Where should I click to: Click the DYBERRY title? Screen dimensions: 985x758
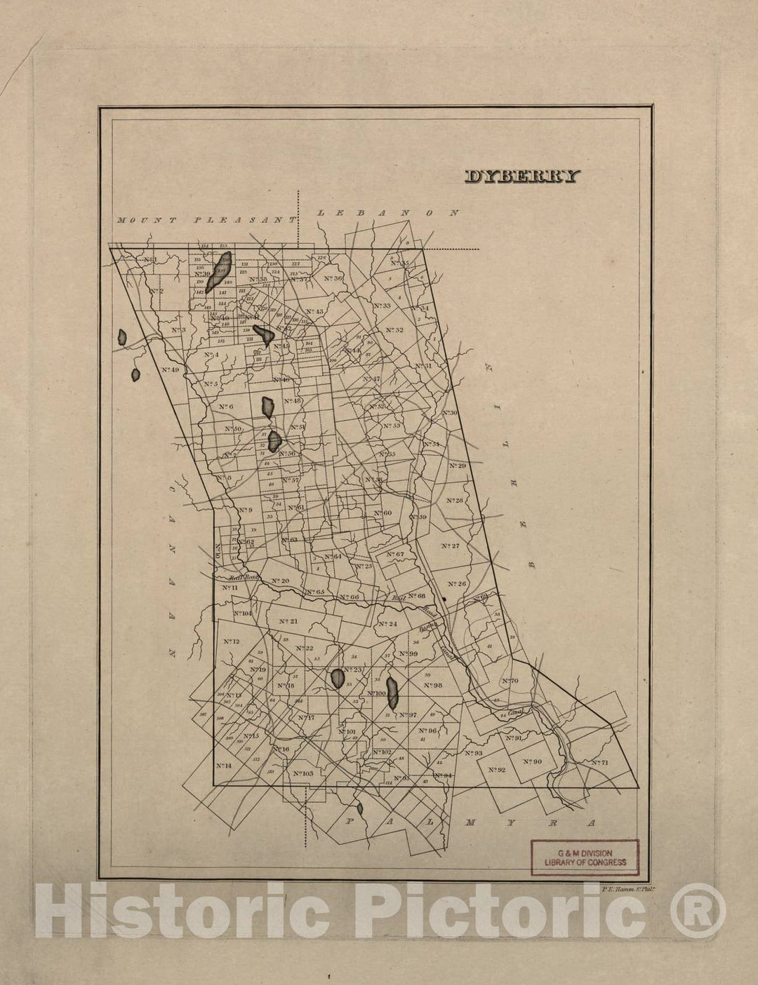tap(522, 177)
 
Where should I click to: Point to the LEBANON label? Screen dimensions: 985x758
tap(388, 212)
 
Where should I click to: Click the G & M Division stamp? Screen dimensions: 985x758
tap(585, 857)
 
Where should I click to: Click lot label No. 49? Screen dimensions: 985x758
tap(170, 369)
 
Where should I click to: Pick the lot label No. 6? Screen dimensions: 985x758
tap(225, 407)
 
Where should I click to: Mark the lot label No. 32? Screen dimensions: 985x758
tap(394, 330)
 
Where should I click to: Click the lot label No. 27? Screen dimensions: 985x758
tap(450, 545)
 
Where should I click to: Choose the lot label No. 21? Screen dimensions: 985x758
tap(288, 621)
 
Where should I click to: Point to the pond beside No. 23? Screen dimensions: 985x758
tap(338, 678)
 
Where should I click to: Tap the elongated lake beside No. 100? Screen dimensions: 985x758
tap(393, 692)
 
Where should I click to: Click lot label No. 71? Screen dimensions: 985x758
tap(599, 762)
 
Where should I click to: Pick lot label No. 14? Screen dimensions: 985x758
tap(224, 766)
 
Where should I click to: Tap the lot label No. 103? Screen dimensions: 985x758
tap(302, 773)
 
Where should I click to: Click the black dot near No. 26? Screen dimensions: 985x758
tap(445, 599)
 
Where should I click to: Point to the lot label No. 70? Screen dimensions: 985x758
tap(510, 681)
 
